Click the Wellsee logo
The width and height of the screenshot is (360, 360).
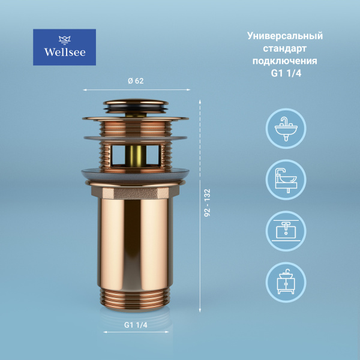tap(64, 47)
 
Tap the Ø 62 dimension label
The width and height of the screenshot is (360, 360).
tap(136, 82)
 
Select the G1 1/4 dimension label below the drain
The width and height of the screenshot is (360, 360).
tap(136, 325)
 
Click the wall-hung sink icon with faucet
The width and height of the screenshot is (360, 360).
tap(286, 128)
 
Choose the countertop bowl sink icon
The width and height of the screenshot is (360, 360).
tap(286, 179)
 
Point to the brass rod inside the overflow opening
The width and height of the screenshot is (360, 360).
tap(136, 154)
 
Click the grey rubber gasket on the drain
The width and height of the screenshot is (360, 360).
tap(136, 175)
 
